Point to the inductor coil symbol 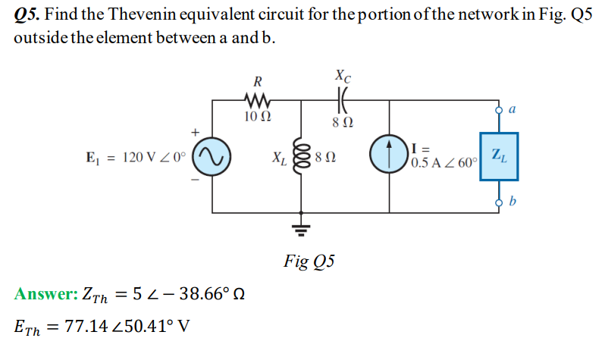point(302,159)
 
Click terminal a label point(514,109)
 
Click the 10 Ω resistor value point(259,117)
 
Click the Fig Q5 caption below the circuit point(309,261)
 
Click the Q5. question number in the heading point(28,17)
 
